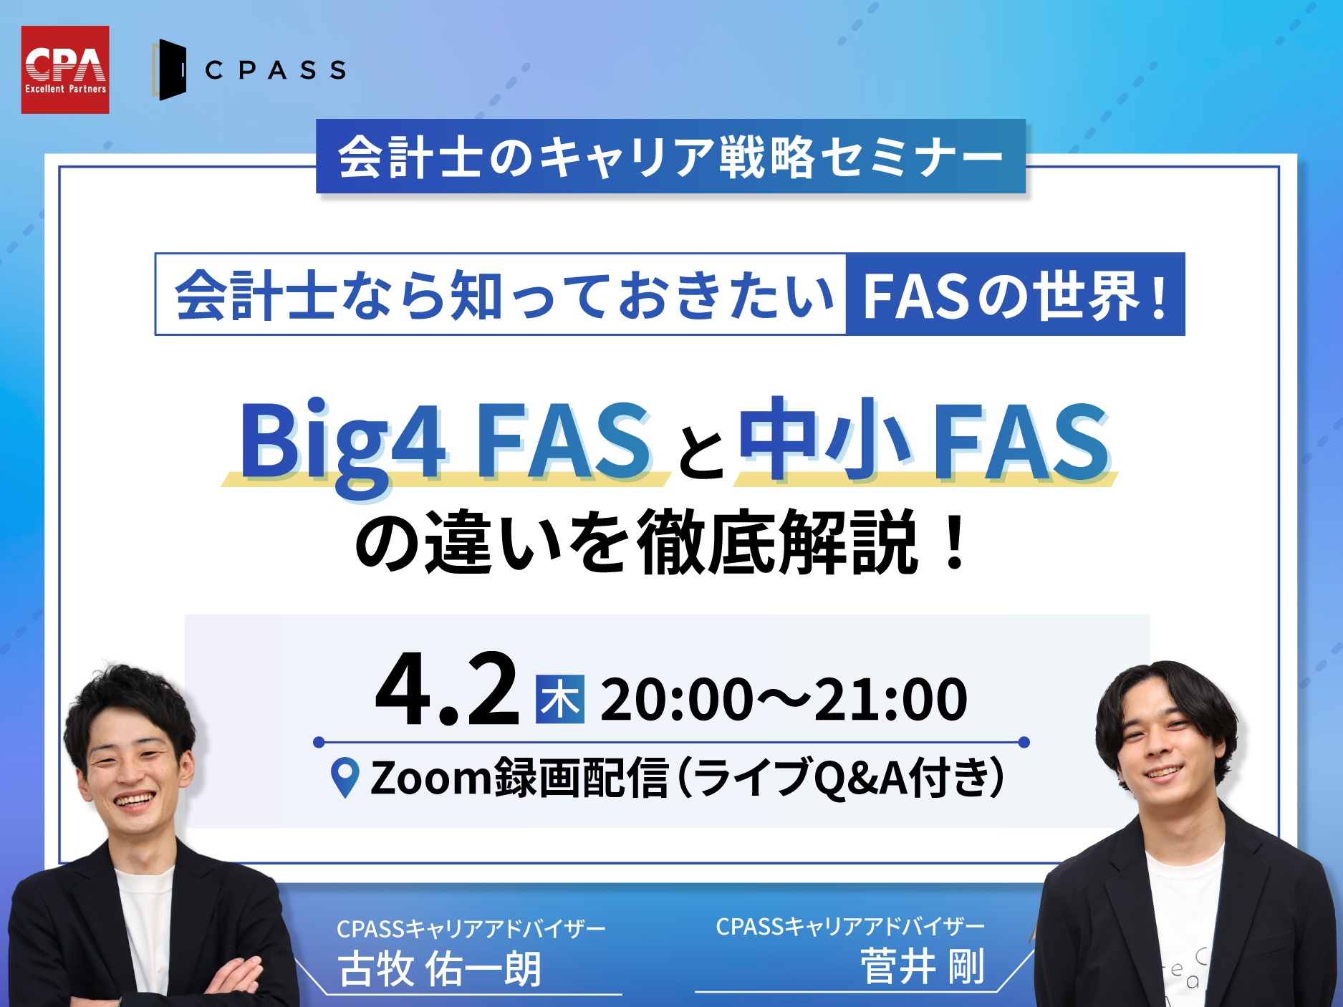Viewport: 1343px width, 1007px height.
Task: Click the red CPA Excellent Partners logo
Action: click(65, 69)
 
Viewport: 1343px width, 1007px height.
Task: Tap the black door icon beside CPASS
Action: click(170, 69)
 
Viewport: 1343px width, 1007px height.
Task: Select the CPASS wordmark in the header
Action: click(276, 70)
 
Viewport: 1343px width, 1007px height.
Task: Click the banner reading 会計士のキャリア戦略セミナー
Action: click(670, 156)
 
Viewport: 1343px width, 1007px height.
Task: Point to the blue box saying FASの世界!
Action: click(1015, 294)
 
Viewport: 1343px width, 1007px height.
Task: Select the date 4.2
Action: click(448, 689)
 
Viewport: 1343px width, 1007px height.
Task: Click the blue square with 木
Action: click(560, 699)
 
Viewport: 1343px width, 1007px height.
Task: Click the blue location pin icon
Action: click(345, 778)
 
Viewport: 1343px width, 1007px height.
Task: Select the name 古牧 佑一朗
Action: click(440, 968)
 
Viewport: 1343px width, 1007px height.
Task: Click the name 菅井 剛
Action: click(923, 966)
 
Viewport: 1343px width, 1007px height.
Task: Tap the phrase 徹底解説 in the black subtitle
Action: click(776, 542)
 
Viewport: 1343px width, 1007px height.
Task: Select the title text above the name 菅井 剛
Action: click(850, 927)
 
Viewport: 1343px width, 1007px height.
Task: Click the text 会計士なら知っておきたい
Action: click(505, 295)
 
